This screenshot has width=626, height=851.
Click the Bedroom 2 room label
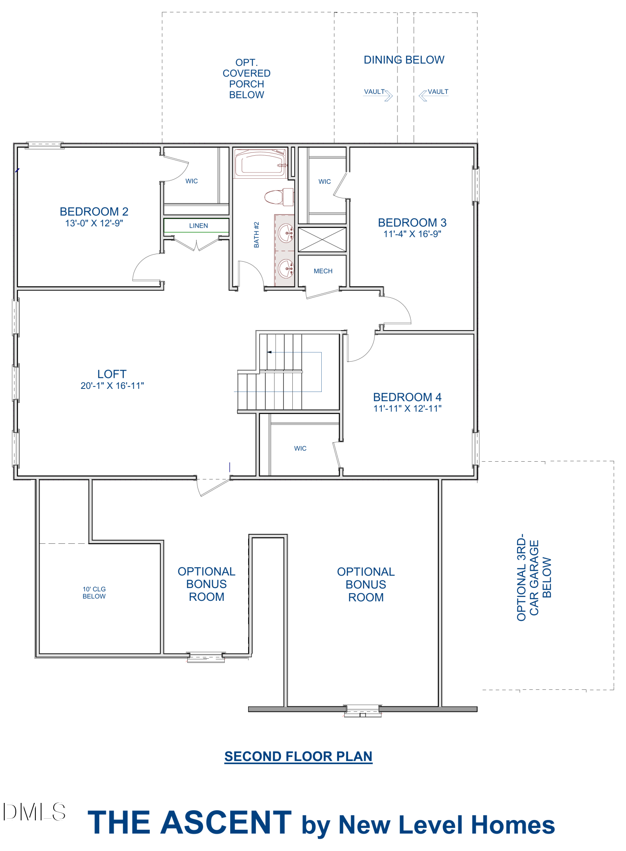[94, 211]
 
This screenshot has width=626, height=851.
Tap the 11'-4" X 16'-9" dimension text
[412, 234]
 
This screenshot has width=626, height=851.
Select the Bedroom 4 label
[407, 397]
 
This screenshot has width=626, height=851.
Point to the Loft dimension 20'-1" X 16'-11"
[112, 386]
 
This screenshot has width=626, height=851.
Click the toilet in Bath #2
[279, 197]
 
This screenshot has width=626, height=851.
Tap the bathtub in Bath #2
[260, 163]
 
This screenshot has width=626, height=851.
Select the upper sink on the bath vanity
[286, 233]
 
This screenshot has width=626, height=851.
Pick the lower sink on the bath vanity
[286, 268]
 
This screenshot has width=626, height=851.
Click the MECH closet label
[323, 271]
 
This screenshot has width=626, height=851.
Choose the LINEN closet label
[199, 226]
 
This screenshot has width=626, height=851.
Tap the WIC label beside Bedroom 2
[192, 181]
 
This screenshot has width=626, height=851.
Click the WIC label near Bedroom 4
[300, 448]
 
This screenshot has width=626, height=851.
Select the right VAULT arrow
[423, 96]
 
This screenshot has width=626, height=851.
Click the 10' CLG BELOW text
[94, 593]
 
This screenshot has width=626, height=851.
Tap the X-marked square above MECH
[322, 240]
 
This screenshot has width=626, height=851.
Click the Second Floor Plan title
[298, 756]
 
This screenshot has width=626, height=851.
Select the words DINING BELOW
[404, 60]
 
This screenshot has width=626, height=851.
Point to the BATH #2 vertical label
[257, 234]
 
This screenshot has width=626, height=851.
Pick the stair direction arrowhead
[269, 352]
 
